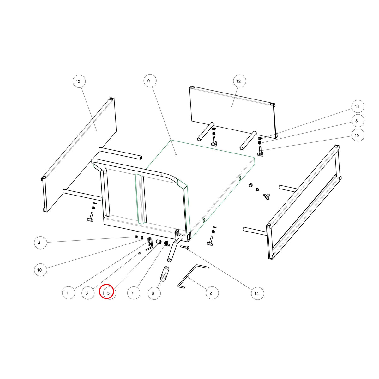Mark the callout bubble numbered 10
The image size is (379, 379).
point(40,270)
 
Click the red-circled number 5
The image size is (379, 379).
point(106,291)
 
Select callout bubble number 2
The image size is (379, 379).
point(212,293)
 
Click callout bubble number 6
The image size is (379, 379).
point(154,293)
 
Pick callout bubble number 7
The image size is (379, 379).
point(134,293)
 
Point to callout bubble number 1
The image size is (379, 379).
point(69,293)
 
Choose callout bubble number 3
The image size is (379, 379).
point(88,293)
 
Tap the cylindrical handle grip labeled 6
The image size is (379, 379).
point(165,274)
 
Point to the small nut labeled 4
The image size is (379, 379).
point(136,237)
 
